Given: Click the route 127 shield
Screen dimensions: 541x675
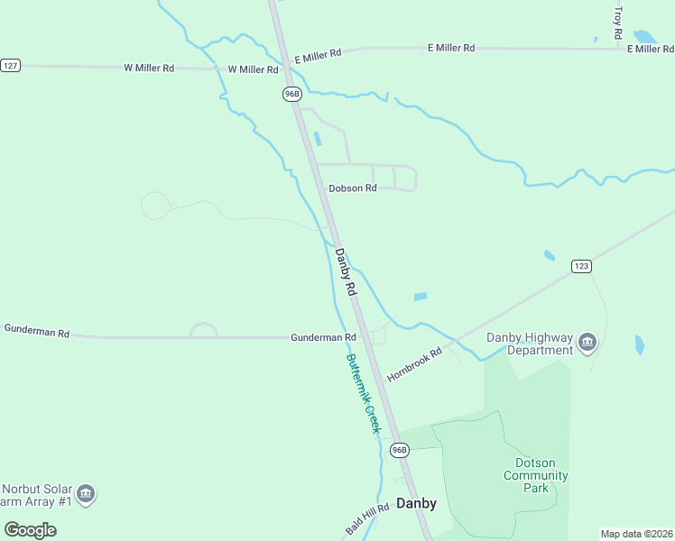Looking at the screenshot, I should pos(10,66).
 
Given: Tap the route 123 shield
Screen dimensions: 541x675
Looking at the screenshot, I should pos(581,266).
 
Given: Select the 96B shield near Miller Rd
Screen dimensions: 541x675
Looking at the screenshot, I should pos(291,94).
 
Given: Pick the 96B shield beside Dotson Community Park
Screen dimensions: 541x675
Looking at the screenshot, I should pos(400,449).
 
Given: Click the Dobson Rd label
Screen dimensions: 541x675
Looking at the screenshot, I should pos(352,188).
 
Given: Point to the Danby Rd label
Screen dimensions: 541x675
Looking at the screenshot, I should pos(347,273).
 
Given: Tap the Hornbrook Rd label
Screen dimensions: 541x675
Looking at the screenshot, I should pos(414,363).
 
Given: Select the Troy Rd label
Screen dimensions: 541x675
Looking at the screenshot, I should pos(618,22).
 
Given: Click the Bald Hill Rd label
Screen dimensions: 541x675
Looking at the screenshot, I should pos(366,518).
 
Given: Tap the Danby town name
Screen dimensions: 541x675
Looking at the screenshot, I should pos(416,504).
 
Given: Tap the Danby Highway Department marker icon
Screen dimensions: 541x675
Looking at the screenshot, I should pos(587,343).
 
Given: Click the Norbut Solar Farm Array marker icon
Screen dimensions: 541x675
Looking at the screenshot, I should pos(86,493).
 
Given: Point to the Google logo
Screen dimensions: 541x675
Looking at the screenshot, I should pos(31,529).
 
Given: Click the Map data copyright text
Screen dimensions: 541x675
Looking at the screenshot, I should pos(636,534).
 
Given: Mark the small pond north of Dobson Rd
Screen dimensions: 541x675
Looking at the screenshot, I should pos(317,140).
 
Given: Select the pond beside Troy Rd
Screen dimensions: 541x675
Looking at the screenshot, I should pos(644,37).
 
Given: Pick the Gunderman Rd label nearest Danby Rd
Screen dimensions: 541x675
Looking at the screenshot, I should pos(323,337).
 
